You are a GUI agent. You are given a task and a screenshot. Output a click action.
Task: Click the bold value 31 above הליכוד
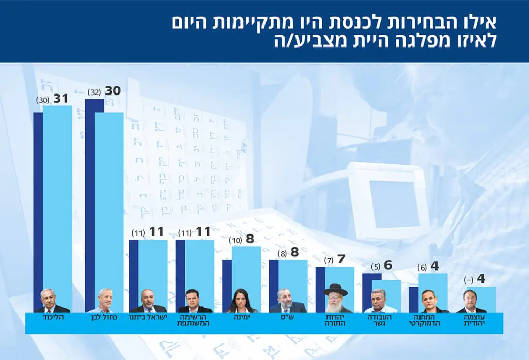click(x=61, y=97)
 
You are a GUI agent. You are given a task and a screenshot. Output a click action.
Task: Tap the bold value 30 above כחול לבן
click(x=113, y=91)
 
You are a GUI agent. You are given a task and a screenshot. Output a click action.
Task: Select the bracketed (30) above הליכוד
click(x=42, y=99)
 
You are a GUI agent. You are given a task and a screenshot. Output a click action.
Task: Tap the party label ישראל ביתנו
click(x=148, y=316)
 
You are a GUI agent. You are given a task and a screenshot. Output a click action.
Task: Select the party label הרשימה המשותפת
click(x=195, y=320)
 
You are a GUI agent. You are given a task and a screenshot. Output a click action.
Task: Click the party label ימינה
click(x=242, y=316)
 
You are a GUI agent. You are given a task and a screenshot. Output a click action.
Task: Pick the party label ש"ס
click(x=288, y=316)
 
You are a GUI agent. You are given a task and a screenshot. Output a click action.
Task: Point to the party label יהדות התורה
click(x=335, y=320)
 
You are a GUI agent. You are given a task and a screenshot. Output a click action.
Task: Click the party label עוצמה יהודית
click(x=475, y=320)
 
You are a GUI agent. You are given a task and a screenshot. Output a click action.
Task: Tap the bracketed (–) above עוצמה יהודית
click(x=469, y=279)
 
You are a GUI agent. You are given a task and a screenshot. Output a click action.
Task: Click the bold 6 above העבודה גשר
click(x=388, y=265)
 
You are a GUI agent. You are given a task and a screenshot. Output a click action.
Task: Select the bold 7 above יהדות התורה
click(x=341, y=259)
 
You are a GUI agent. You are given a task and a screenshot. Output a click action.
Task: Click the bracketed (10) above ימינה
click(x=235, y=240)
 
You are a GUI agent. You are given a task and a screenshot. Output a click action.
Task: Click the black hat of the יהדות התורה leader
click(x=335, y=288)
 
